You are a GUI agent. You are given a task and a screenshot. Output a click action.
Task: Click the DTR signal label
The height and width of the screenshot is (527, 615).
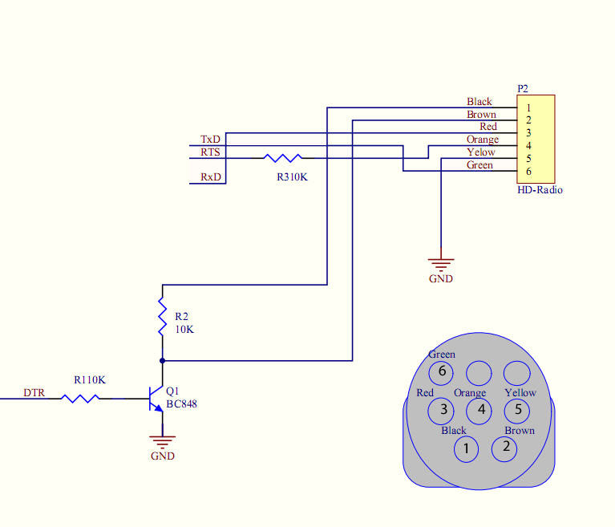[34, 393]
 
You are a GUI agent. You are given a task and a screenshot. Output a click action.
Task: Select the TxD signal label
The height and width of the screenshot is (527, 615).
[210, 140]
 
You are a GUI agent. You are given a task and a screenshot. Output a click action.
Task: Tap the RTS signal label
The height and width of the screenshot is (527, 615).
[210, 152]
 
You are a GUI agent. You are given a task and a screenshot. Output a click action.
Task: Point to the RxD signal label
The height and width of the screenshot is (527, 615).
[211, 177]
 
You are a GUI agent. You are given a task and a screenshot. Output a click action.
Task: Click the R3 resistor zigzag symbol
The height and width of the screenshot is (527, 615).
[283, 158]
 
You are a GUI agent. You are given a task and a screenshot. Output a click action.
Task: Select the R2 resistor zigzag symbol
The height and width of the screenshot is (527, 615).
[163, 316]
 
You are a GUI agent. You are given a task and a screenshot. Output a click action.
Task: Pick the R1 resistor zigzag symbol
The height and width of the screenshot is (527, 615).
[80, 399]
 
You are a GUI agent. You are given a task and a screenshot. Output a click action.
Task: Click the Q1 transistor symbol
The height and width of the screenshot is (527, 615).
[156, 399]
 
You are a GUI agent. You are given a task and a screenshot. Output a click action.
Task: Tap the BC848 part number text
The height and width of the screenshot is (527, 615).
[181, 404]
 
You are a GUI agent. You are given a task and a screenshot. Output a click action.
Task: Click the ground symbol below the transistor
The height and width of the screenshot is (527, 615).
[163, 442]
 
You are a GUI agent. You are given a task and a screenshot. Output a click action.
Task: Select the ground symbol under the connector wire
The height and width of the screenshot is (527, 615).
[441, 265]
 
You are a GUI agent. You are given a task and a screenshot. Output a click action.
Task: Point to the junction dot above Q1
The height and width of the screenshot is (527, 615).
[163, 361]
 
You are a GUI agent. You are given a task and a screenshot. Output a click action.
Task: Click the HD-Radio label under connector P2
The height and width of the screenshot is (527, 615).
[540, 190]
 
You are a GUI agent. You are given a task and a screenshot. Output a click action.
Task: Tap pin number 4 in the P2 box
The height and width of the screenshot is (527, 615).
[528, 146]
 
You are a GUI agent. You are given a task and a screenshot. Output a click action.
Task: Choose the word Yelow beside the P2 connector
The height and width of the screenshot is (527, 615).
[481, 152]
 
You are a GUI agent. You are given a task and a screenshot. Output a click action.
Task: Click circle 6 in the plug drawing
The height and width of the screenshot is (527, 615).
[441, 373]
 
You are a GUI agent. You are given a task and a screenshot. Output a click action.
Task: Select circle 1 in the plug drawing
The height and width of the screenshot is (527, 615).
[466, 449]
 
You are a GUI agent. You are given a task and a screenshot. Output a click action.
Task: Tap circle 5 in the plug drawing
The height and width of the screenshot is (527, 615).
[517, 411]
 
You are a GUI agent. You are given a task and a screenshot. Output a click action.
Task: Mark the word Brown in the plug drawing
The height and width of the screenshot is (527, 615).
[520, 431]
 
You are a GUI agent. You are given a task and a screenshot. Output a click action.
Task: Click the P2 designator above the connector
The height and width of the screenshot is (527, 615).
[523, 89]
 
